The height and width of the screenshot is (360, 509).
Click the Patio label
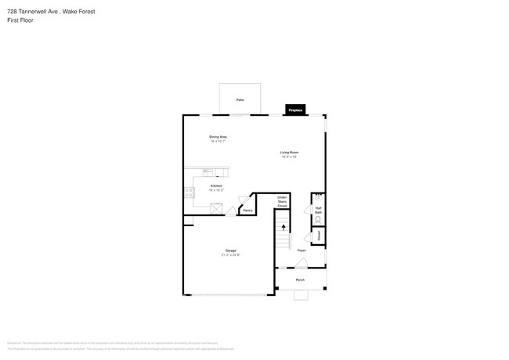(240, 100)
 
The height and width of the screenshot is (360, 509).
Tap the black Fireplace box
(295, 110)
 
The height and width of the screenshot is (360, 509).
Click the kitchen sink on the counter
(208, 171)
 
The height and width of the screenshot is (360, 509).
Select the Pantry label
(247, 210)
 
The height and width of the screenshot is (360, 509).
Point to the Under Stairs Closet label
(282, 203)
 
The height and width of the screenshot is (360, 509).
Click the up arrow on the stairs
(283, 227)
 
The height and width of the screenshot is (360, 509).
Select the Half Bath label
(319, 210)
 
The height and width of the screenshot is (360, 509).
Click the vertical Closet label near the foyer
(319, 236)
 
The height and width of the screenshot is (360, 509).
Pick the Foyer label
(301, 250)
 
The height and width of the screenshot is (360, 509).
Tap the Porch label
(300, 279)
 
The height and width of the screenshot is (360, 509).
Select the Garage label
(231, 250)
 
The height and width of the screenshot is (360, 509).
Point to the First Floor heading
(20, 20)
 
